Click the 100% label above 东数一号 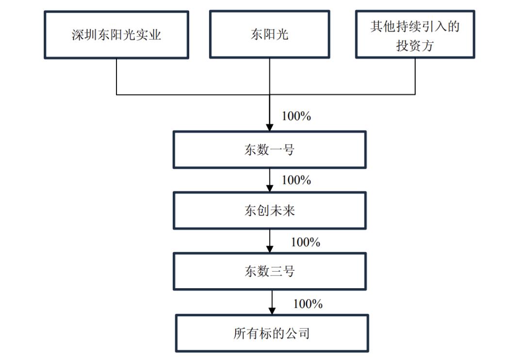point(296,116)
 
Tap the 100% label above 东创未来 point(296,180)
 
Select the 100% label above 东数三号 point(306,242)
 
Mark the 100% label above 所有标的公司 point(308,304)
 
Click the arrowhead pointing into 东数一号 point(270,128)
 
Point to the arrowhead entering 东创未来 point(270,189)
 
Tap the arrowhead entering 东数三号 point(270,249)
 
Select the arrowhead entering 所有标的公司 point(272,311)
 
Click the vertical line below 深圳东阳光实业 point(116,77)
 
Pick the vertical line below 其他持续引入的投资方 point(415,77)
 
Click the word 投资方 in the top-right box point(415,46)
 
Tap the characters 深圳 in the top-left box point(84,35)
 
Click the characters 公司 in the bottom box point(297,334)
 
